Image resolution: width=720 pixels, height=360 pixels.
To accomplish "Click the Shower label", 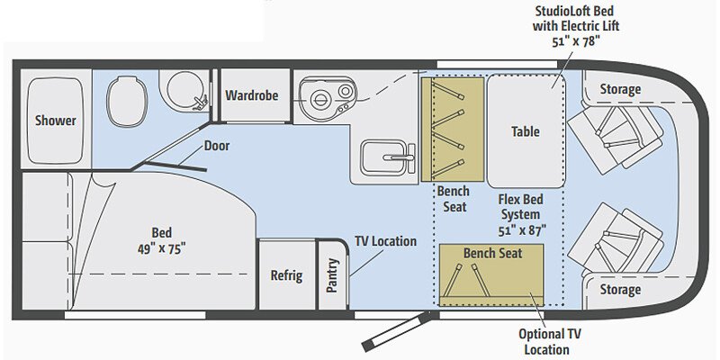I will click(56, 121).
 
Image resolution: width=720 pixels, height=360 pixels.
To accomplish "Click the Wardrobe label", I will click(251, 94).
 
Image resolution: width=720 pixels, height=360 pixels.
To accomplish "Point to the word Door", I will click(217, 145).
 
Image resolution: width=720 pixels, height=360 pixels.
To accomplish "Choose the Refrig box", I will click(287, 275).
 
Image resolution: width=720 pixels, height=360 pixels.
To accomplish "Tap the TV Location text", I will click(384, 241).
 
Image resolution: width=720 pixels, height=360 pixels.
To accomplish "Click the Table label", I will click(526, 131).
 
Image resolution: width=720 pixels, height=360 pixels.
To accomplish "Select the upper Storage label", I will click(619, 89).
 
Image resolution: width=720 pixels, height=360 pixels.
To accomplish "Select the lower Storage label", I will click(619, 290).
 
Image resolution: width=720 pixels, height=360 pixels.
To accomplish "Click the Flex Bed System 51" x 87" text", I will click(519, 214).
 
